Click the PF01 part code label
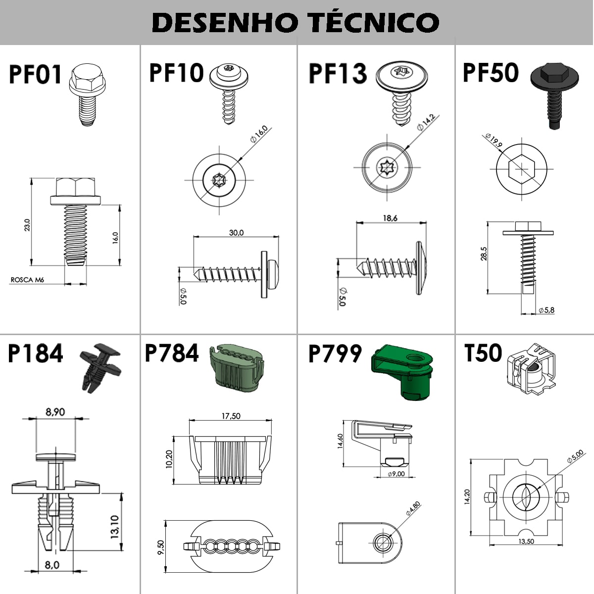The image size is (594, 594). pos(35,75)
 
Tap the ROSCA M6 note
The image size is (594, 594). pos(27,280)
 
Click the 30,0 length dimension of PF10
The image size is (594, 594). pos(236,233)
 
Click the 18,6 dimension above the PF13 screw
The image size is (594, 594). pos(390,218)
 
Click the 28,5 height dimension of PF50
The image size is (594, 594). pos(484,253)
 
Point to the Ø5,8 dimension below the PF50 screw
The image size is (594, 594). pos(546,310)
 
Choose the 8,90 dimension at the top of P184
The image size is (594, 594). pos(55,412)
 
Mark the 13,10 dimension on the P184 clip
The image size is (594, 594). pos(114,527)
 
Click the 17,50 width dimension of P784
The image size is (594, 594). pos(231,416)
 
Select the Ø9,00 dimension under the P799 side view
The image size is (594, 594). pos(396,474)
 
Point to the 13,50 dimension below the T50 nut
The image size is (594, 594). pos(526,541)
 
